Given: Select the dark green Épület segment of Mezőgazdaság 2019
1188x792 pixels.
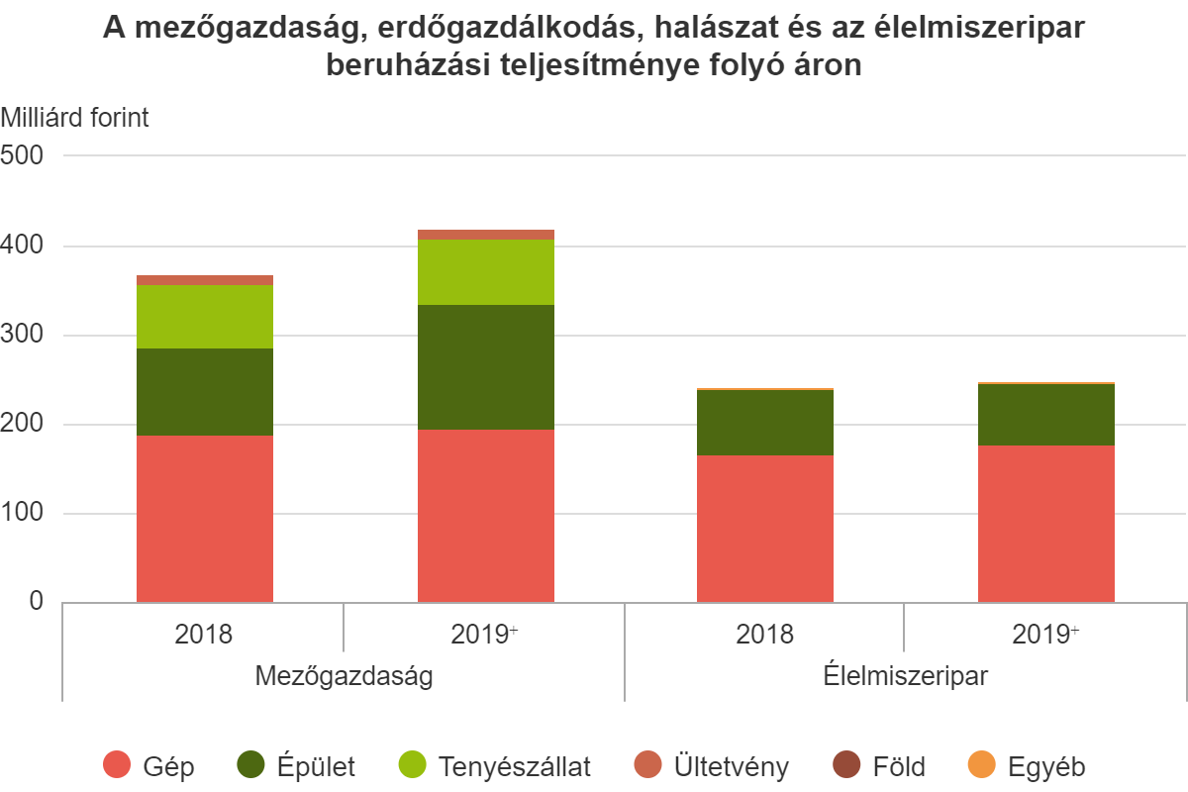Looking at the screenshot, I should pyautogui.click(x=486, y=367).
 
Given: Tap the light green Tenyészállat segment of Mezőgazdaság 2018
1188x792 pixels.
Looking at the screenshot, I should pyautogui.click(x=205, y=317).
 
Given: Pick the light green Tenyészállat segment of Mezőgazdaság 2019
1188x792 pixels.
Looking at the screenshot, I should pyautogui.click(x=486, y=272).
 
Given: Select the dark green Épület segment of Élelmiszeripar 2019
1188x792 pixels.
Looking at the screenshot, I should pyautogui.click(x=1046, y=415).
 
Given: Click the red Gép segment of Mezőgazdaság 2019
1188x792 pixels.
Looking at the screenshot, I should pyautogui.click(x=486, y=515).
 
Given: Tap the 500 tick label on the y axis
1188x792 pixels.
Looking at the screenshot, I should pyautogui.click(x=24, y=156).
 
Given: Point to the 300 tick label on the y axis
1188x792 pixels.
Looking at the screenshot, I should pyautogui.click(x=24, y=336).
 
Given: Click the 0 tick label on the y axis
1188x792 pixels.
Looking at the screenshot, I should pyautogui.click(x=37, y=602).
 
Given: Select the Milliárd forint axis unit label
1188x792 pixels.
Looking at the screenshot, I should pyautogui.click(x=75, y=118).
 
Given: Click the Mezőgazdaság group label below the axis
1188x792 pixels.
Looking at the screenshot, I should pyautogui.click(x=344, y=677).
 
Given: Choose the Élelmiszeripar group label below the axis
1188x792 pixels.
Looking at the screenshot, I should pyautogui.click(x=905, y=677).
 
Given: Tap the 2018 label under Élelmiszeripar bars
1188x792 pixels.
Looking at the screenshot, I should pyautogui.click(x=765, y=634).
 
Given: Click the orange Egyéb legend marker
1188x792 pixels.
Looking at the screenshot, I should pyautogui.click(x=981, y=765).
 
